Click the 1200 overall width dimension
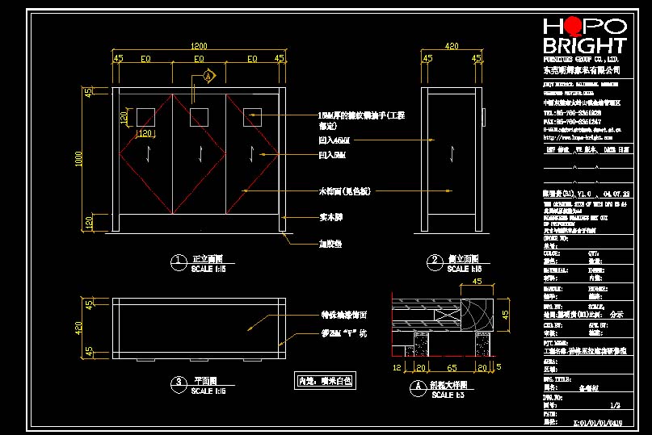[199, 45]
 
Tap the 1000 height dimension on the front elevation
[79, 161]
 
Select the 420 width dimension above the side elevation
[452, 46]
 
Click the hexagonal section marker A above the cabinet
[208, 77]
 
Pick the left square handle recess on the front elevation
[145, 117]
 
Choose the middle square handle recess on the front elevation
[199, 117]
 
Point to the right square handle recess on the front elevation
[252, 117]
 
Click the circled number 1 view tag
[178, 261]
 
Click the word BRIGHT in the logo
[585, 46]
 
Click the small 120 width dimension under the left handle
[145, 133]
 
